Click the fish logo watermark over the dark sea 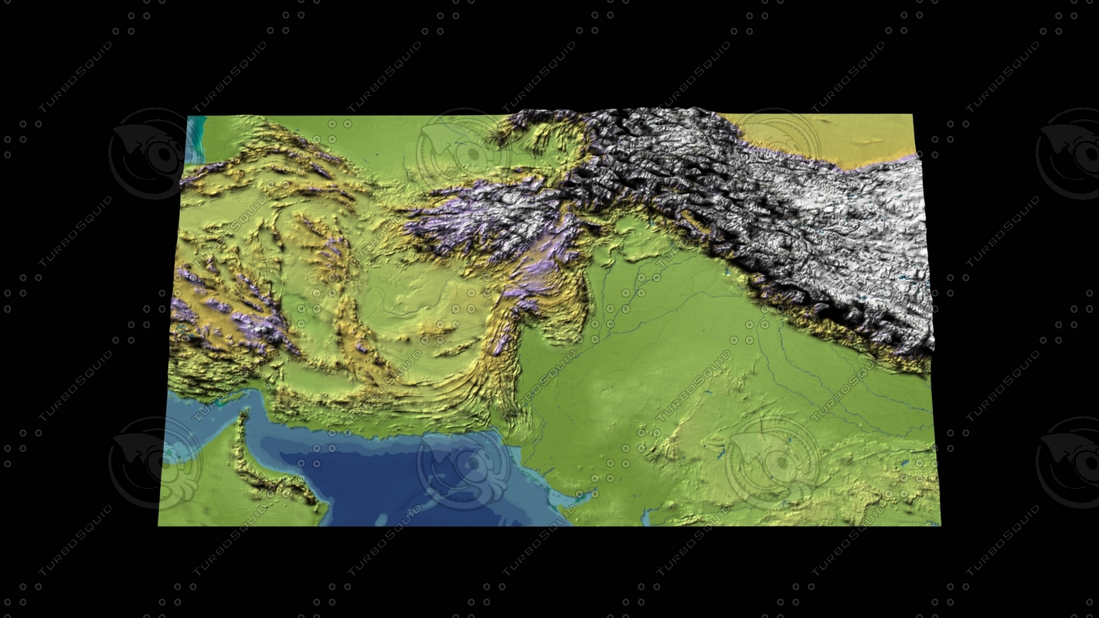coord(464,463)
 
